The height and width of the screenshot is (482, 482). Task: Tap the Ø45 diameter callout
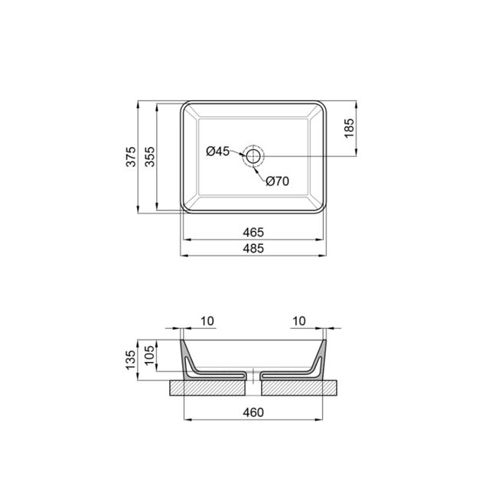point(217,151)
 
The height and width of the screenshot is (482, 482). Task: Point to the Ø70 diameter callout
point(277,181)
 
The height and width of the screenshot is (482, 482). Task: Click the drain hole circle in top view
point(253,156)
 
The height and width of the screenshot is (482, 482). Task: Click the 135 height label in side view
point(131,358)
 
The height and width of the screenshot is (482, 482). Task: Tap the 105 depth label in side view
point(150,353)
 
